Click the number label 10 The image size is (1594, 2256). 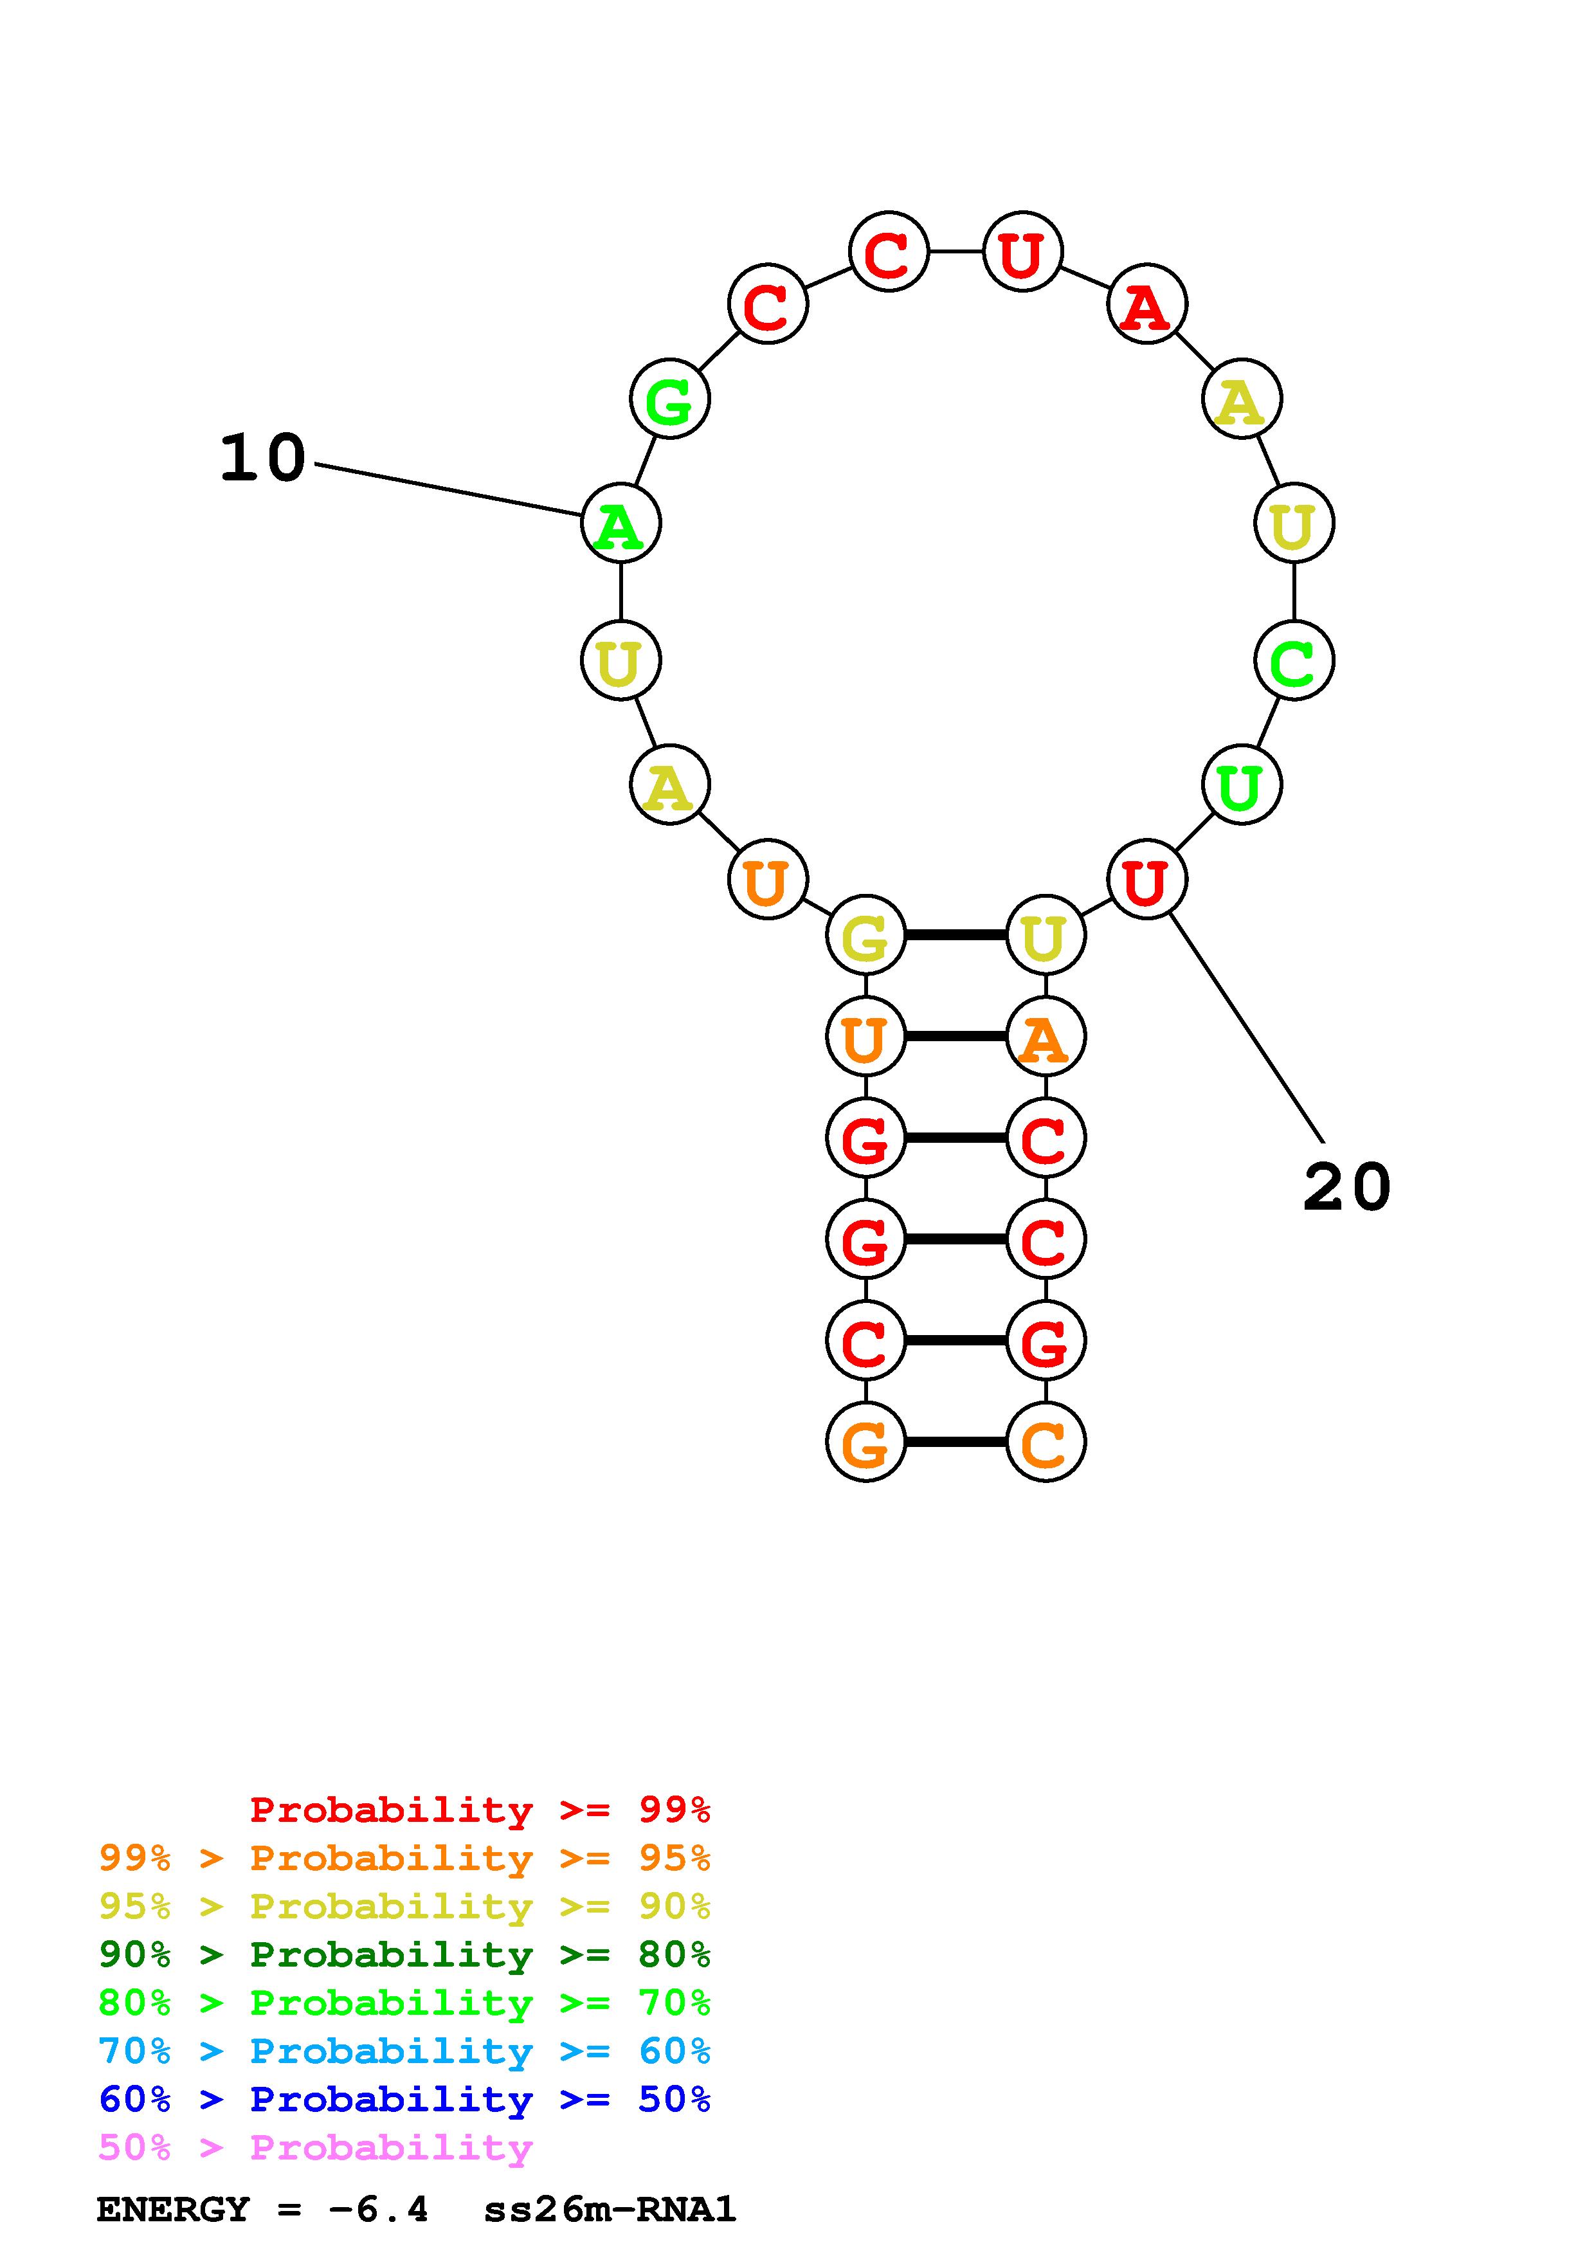(x=262, y=459)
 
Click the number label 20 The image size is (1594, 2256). (x=1346, y=1187)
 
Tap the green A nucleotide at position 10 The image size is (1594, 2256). (x=620, y=523)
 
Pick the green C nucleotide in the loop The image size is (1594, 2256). (x=1294, y=661)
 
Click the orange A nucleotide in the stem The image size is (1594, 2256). (x=1045, y=1037)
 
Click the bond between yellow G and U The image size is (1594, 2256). (x=955, y=934)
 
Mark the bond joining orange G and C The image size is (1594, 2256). (x=955, y=1441)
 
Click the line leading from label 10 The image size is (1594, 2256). (x=447, y=489)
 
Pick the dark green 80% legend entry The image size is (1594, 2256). (x=404, y=1954)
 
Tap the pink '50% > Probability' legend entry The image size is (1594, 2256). (x=315, y=2148)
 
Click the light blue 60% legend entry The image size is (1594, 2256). (x=404, y=2051)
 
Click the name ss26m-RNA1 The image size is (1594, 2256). (x=609, y=2210)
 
